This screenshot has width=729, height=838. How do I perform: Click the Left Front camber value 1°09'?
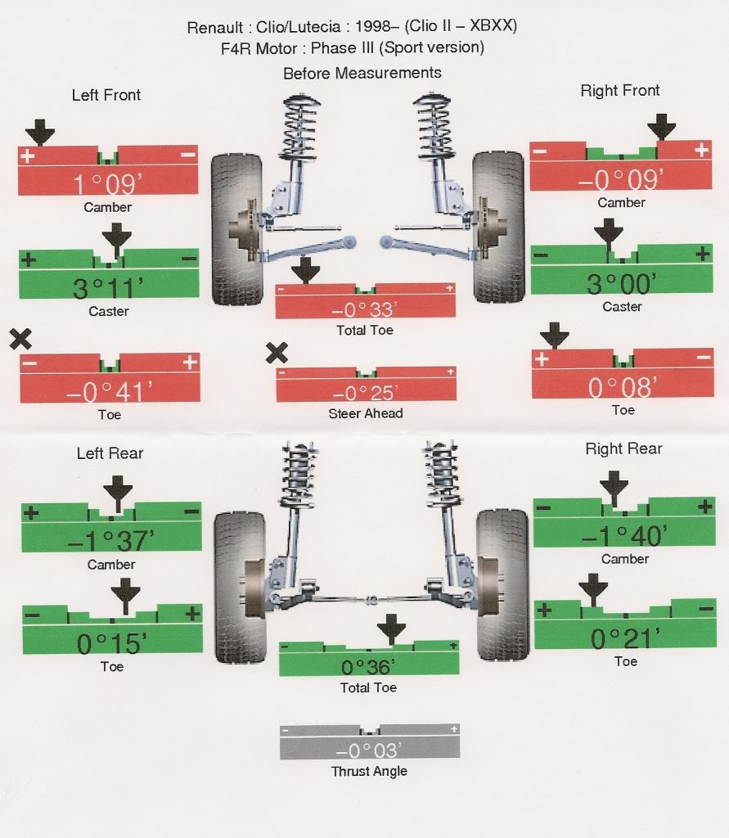[108, 182]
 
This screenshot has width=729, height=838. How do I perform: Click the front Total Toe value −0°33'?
[365, 309]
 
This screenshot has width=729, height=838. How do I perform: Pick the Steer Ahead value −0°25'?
[365, 393]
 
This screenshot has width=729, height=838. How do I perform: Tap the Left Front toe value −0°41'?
[109, 392]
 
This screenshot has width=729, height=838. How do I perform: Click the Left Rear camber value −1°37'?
[111, 540]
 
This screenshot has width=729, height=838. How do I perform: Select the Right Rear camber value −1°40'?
[623, 535]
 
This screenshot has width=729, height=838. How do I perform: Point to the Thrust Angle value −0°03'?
[369, 749]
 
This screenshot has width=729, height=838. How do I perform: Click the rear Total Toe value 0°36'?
[368, 666]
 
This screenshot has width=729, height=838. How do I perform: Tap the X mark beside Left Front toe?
[20, 339]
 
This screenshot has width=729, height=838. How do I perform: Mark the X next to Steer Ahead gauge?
[277, 353]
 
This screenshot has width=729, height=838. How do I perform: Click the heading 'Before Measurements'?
[362, 73]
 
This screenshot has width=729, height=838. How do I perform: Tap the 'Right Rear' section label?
[623, 448]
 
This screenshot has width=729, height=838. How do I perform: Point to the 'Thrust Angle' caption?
[369, 771]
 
